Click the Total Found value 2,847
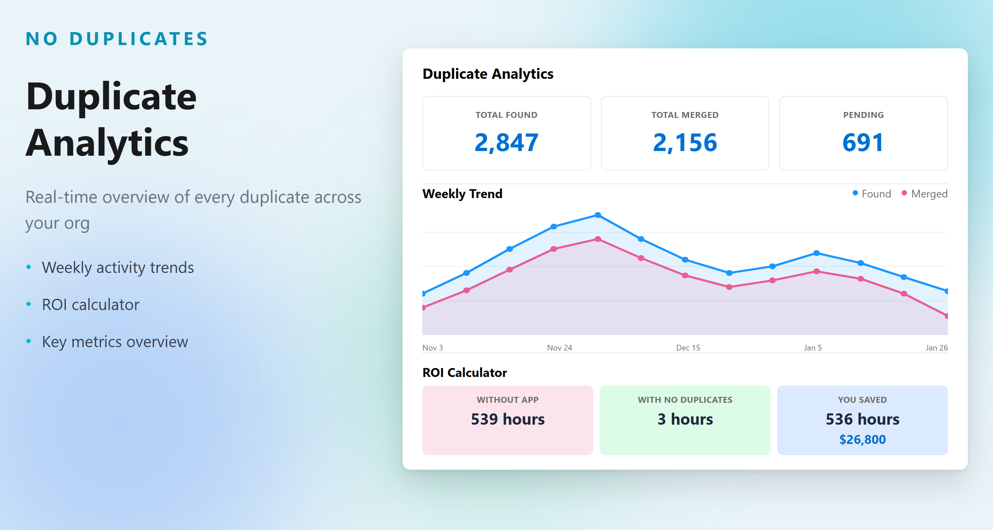click(x=506, y=142)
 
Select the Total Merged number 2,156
click(x=685, y=142)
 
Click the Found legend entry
click(x=872, y=194)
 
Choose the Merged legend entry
click(x=924, y=194)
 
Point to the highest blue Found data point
click(x=597, y=215)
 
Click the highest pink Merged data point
click(x=597, y=239)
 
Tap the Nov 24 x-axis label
click(x=559, y=347)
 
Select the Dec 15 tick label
click(x=688, y=347)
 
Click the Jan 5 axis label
click(x=813, y=347)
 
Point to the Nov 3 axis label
click(x=433, y=347)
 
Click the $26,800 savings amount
click(x=862, y=439)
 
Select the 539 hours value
click(x=507, y=419)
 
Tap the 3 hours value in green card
click(x=685, y=419)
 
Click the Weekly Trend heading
click(x=462, y=194)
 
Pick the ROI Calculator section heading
click(x=464, y=373)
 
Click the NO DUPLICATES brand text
click(x=117, y=39)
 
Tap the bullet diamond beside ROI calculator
click(x=28, y=304)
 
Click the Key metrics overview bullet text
click(x=115, y=342)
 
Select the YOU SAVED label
click(x=862, y=399)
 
